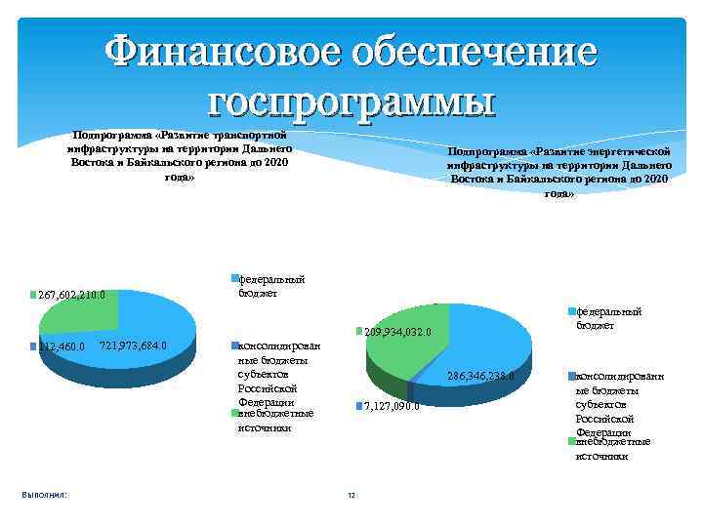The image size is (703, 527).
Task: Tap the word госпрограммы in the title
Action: (x=352, y=100)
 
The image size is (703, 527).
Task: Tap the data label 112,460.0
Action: (x=61, y=345)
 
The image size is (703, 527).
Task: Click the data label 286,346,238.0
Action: (x=487, y=376)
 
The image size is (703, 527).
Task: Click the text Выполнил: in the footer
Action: (x=44, y=496)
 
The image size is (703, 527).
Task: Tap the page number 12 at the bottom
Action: (x=351, y=497)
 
